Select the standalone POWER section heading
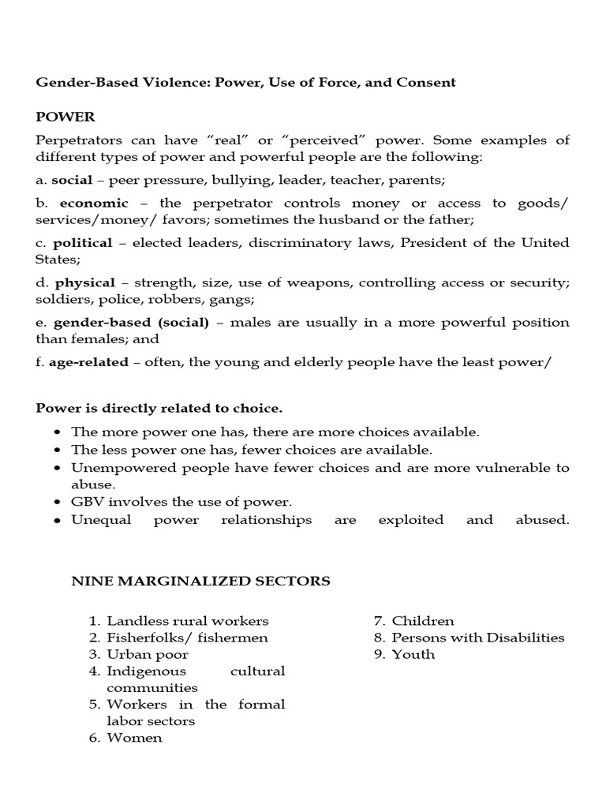65,117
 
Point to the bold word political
83,242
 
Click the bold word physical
85,282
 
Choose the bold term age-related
87,361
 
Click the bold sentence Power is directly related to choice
159,409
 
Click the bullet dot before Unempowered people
58,468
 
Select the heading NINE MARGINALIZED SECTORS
201,582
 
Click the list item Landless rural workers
188,621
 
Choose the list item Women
135,738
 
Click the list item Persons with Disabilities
478,638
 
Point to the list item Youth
413,654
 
